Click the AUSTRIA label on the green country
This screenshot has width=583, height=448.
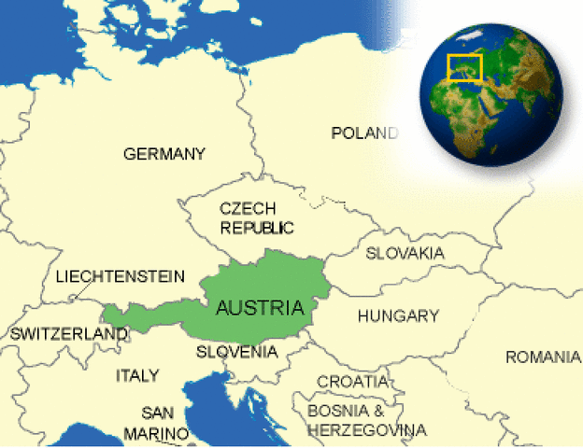point(259,307)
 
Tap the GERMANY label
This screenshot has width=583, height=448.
point(164,154)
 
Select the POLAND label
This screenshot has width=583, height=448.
point(364,133)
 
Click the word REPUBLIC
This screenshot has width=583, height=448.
point(257,227)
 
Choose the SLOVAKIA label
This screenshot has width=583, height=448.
point(405,253)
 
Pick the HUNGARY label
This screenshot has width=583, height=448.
point(398,316)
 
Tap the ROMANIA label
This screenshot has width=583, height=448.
point(543,357)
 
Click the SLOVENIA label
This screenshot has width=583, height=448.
point(236,352)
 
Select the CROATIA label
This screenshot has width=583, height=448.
point(352,382)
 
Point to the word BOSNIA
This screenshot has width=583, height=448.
point(334,410)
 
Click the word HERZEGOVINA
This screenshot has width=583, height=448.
point(366,430)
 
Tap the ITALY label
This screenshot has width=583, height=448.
point(137,375)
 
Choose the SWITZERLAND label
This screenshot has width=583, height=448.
point(55,333)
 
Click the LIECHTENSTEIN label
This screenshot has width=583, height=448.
point(120,277)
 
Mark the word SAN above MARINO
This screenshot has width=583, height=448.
point(159,412)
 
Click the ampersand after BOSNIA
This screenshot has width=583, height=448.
point(377,410)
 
